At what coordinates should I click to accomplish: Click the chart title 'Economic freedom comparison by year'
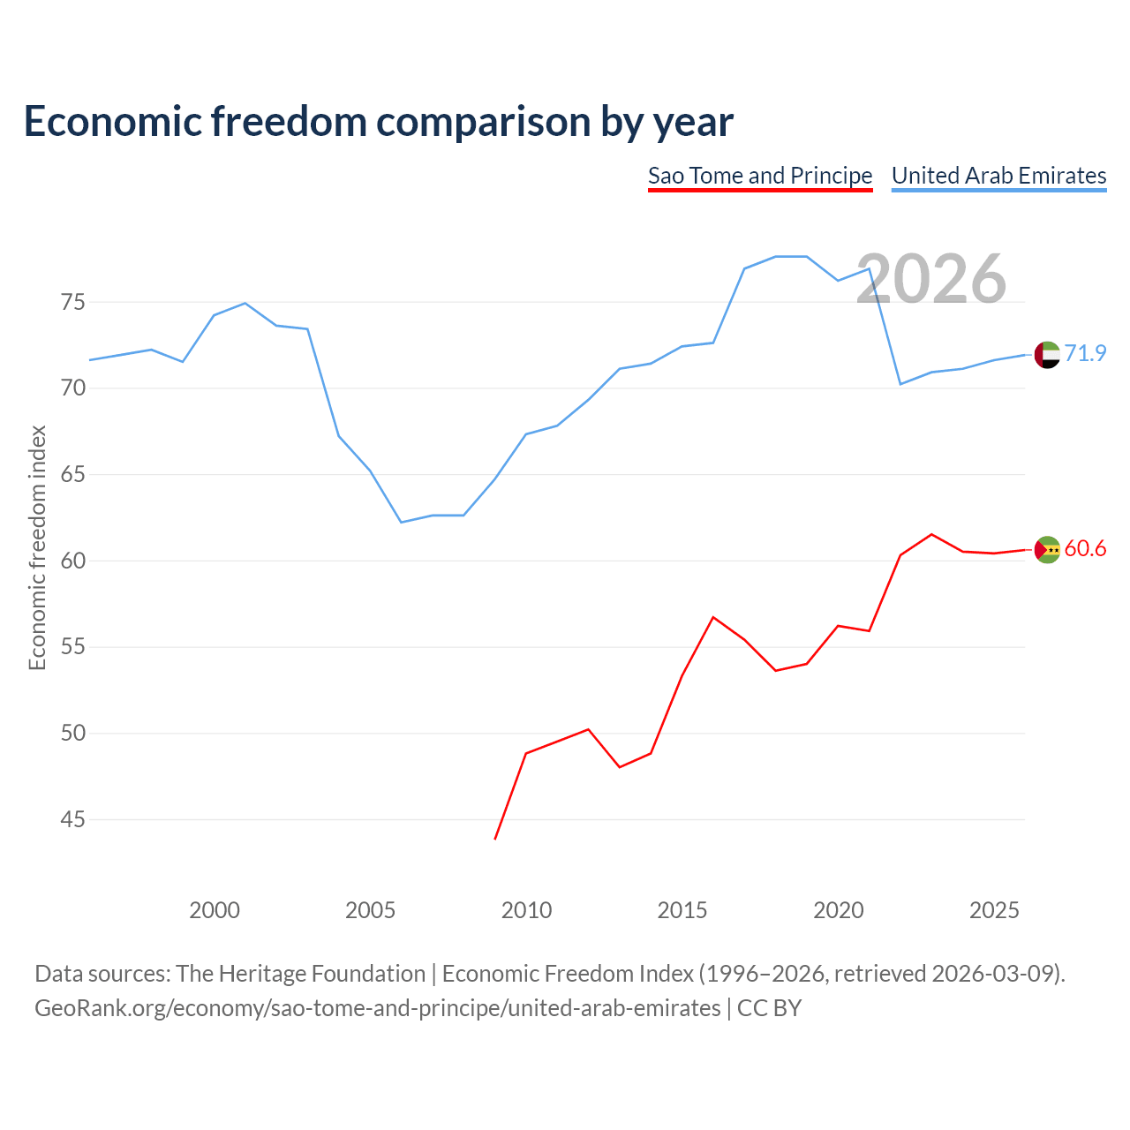378,121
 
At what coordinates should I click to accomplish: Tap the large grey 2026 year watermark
931,279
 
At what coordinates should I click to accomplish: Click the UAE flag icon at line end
1047,355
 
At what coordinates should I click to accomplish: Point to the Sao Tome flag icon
1047,549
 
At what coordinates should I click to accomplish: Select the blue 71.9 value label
1085,353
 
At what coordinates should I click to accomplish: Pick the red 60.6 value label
1085,548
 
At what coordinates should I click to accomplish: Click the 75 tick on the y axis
72,303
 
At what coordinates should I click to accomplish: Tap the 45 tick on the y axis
72,819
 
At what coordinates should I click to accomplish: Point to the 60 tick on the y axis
72,561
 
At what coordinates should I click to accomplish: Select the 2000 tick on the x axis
214,910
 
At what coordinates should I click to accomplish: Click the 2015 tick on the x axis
682,910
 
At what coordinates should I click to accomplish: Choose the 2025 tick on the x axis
994,910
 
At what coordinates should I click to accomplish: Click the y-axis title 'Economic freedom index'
38,547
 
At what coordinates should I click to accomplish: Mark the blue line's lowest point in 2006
401,522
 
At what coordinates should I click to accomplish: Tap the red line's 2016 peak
713,617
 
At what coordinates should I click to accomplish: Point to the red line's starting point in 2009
495,840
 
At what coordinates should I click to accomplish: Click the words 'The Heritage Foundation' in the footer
301,974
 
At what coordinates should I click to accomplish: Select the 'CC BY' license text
769,1009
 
